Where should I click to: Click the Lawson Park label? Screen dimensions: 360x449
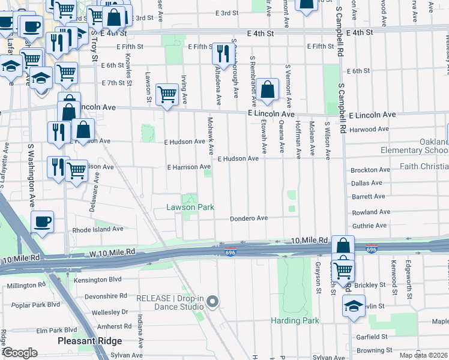click(x=190, y=208)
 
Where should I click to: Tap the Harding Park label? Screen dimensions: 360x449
click(x=294, y=320)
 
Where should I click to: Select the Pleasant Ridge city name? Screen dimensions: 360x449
click(x=90, y=341)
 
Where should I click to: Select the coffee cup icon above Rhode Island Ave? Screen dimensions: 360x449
click(x=42, y=222)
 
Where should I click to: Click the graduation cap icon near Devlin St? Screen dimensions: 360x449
click(x=354, y=307)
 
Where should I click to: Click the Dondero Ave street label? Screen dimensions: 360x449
click(x=249, y=219)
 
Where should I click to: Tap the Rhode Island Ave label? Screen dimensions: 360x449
click(x=98, y=229)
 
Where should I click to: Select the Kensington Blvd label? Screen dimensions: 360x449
click(x=97, y=280)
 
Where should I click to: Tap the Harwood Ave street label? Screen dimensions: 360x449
click(x=370, y=129)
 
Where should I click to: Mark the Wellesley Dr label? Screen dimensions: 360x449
click(x=108, y=312)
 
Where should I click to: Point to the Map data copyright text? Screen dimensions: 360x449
click(x=423, y=355)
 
